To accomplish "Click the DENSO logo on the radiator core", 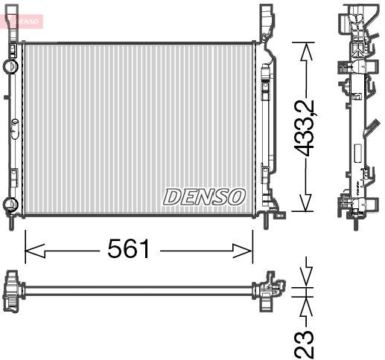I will [x=203, y=196].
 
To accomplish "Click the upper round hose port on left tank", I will [x=10, y=65].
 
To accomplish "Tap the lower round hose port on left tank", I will [x=10, y=204].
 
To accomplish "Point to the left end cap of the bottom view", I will [x=13, y=288].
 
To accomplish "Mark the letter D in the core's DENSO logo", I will [x=173, y=196].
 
